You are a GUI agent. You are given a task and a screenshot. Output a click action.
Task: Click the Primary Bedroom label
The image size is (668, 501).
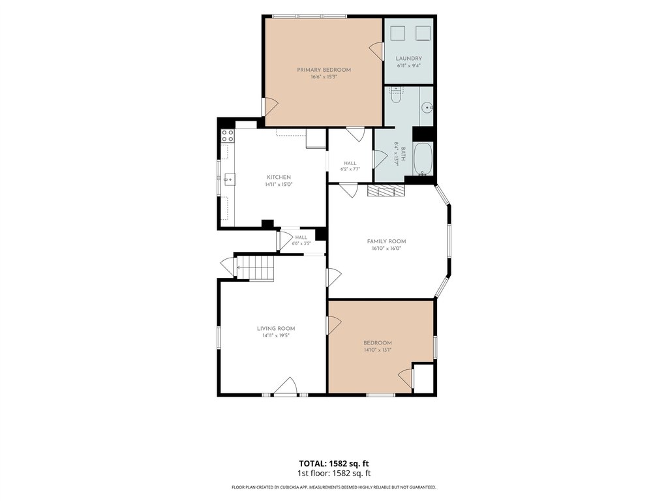coord(324,70)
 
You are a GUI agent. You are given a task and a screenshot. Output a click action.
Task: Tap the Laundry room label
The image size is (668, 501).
coord(408,59)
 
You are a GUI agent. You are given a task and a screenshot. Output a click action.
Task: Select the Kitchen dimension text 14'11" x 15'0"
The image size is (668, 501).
coord(279,185)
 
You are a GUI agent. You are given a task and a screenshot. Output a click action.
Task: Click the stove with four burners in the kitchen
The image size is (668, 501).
coord(227,136)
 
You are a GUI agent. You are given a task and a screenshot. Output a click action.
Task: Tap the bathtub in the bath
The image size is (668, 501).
coord(423,159)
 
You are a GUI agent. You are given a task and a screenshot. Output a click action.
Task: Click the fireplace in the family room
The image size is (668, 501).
coord(386,190)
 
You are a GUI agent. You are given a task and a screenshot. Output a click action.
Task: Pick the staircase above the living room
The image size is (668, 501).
coord(255,267)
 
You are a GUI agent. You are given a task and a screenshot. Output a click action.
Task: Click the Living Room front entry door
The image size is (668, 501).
coord(285,387)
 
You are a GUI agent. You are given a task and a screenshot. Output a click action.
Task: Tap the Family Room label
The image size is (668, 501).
coord(386,241)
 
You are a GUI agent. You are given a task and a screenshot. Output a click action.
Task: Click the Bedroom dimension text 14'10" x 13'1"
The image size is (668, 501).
coord(378,350)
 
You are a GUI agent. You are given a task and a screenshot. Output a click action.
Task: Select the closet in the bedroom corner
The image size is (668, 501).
coord(424,378)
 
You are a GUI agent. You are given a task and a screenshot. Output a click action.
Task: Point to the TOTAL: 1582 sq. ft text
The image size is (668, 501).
coord(333,464)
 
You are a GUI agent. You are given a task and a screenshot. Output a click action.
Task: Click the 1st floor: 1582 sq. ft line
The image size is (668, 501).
coord(333,474)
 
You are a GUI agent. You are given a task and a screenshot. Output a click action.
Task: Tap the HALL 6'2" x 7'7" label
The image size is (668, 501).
coord(350,166)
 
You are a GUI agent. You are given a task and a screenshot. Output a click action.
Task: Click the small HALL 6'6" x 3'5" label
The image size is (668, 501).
coord(301,240)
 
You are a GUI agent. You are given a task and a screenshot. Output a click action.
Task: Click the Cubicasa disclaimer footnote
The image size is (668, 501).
coord(333,487)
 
